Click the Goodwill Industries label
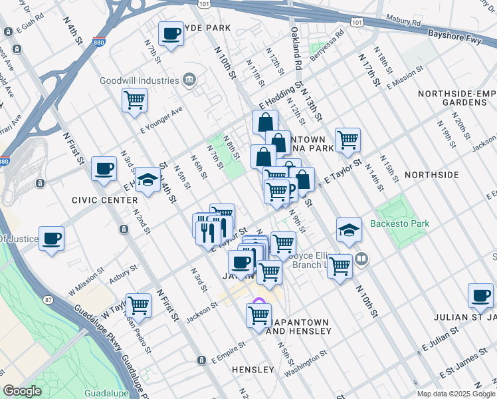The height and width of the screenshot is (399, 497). coord(140,80)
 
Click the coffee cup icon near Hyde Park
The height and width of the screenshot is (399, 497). coord(171,34)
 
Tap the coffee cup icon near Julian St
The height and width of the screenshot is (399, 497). coord(480,295)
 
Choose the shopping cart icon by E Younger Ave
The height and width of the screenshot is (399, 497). coord(134,100)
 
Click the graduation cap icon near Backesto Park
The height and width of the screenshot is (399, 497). coord(349,230)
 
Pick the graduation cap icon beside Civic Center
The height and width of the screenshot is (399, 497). coord(148,180)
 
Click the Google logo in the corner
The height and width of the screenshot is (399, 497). coord(22,391)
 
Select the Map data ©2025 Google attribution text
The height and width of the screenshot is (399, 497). coord(455,394)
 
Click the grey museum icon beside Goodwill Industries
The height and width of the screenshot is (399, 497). coord(190,80)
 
